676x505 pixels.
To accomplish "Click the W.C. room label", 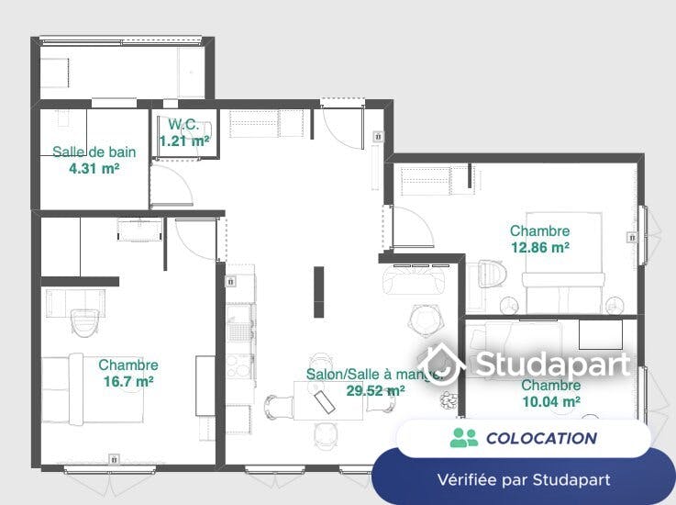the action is click(x=183, y=124).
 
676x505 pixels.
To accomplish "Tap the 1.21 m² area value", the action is click(x=184, y=140).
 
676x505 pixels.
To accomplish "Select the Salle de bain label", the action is click(x=94, y=151).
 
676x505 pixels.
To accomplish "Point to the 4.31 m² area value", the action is click(x=94, y=168).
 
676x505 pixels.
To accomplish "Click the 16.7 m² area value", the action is click(x=128, y=382).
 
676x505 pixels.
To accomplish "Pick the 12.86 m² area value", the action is click(x=540, y=247).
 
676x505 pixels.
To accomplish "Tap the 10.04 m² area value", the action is click(x=551, y=402).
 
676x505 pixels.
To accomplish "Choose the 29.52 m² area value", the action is click(x=375, y=390).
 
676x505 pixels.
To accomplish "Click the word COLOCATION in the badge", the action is click(x=541, y=439).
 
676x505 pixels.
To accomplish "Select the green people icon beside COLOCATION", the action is click(x=464, y=438).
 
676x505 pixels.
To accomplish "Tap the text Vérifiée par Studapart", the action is click(x=524, y=479).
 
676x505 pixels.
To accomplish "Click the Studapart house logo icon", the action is click(x=442, y=365).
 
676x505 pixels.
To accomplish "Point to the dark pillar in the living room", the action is click(x=318, y=292).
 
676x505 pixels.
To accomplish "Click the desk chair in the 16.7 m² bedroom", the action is click(x=85, y=322).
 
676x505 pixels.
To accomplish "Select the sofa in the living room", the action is click(x=414, y=279).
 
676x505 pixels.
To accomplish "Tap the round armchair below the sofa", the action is click(x=425, y=320).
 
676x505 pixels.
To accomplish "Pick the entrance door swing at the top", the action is click(x=344, y=129).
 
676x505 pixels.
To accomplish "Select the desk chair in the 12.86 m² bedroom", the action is click(x=491, y=274).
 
